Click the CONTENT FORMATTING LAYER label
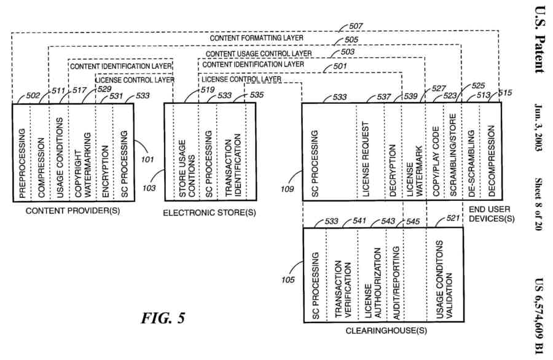[256, 38]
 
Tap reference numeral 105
[288, 280]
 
